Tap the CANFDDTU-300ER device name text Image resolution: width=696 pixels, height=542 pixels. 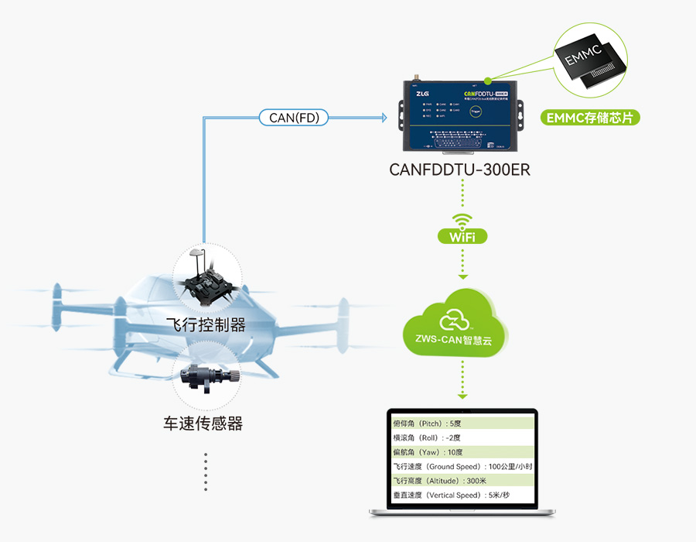click(459, 170)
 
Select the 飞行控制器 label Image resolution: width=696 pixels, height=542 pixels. click(206, 324)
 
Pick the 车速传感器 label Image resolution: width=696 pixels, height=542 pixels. click(203, 424)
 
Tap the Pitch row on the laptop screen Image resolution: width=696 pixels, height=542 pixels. click(461, 424)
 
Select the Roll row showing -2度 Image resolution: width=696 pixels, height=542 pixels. click(461, 437)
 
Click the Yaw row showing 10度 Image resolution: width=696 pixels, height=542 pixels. click(461, 452)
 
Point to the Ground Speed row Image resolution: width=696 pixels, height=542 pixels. click(461, 466)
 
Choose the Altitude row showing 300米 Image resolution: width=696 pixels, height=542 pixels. click(461, 481)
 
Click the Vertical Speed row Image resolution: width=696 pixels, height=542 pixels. click(461, 495)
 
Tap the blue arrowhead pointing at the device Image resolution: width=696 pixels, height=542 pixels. click(381, 118)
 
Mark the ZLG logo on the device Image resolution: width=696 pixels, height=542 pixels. click(422, 94)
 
